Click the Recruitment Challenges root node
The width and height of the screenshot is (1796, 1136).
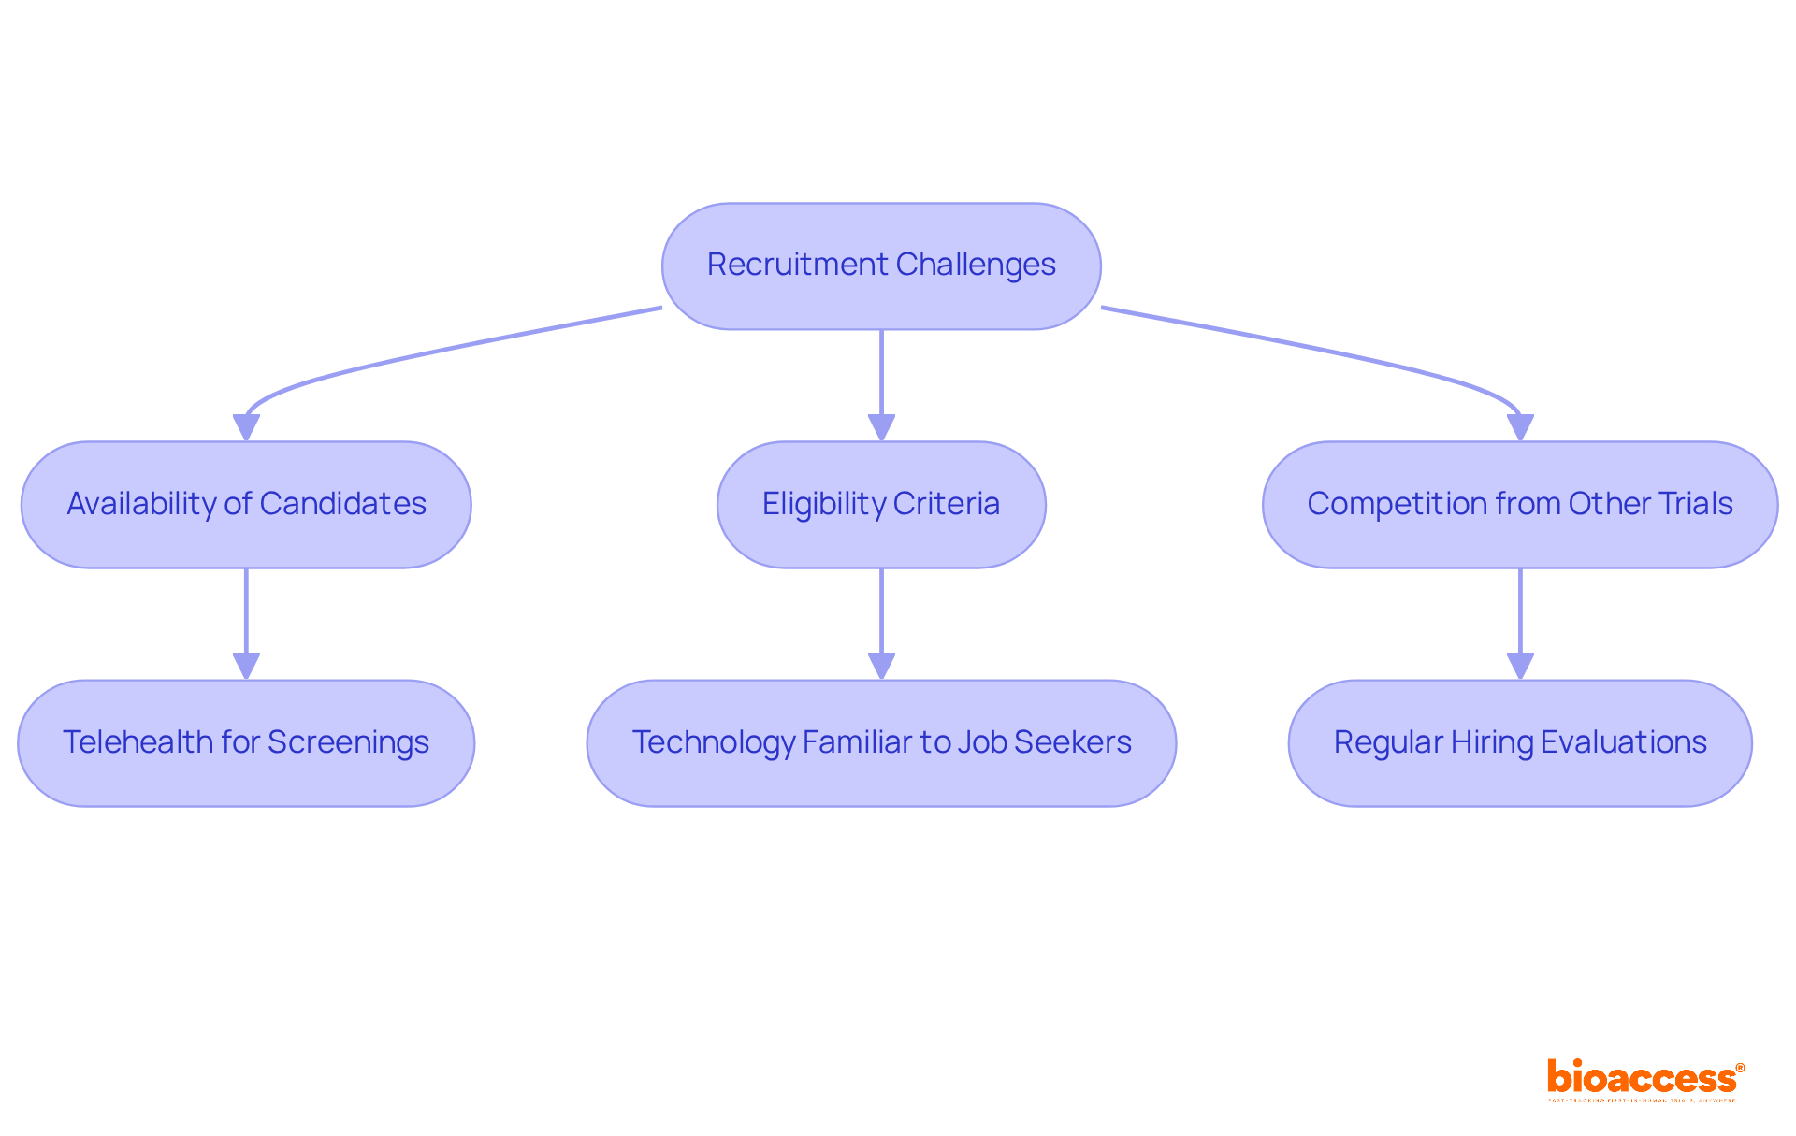[881, 266]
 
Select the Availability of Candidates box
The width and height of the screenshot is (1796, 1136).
[246, 505]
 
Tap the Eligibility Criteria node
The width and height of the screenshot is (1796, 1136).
[881, 505]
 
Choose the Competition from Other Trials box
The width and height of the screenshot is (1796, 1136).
[1520, 505]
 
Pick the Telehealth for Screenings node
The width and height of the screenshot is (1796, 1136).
[246, 743]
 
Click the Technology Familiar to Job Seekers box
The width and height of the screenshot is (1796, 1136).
[881, 743]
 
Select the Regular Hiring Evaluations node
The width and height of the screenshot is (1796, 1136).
[1520, 743]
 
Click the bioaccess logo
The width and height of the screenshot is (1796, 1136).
[1644, 1079]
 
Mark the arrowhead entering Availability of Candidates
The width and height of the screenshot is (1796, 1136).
[246, 428]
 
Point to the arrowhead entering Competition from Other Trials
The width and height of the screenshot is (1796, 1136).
[1520, 428]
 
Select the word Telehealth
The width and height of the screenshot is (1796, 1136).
[138, 742]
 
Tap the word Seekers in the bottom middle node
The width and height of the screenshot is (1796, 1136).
[1073, 742]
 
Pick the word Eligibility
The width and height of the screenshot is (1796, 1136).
[823, 504]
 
